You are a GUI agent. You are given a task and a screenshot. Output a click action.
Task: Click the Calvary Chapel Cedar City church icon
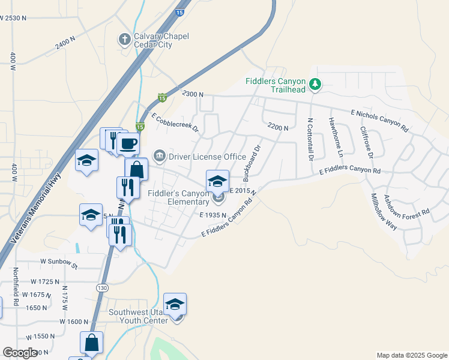[125, 40]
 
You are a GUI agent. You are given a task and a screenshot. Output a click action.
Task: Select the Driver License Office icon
[160, 157]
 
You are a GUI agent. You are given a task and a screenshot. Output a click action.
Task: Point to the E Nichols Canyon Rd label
[379, 120]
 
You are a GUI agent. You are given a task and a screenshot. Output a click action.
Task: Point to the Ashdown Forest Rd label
[408, 205]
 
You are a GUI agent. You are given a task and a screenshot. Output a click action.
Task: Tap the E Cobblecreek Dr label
[175, 122]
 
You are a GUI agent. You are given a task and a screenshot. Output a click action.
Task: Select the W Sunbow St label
[59, 263]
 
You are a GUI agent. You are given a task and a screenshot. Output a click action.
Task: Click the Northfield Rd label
[17, 287]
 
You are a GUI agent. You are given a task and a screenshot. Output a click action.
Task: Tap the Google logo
[20, 353]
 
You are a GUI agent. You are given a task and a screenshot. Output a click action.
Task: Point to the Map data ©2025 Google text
[411, 355]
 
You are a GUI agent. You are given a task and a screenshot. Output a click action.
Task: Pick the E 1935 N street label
[212, 215]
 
